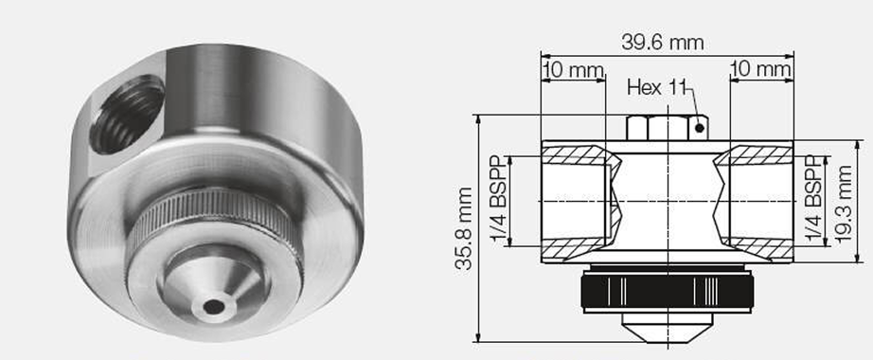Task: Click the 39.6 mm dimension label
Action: click(x=662, y=43)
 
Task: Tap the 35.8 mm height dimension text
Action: click(x=463, y=228)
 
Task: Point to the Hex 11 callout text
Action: click(x=656, y=87)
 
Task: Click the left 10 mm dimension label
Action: click(x=573, y=70)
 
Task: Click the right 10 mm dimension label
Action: click(x=760, y=70)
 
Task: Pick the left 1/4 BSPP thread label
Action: click(x=500, y=201)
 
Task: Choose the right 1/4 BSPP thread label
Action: click(x=813, y=201)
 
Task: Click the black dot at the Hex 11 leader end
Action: click(x=700, y=129)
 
